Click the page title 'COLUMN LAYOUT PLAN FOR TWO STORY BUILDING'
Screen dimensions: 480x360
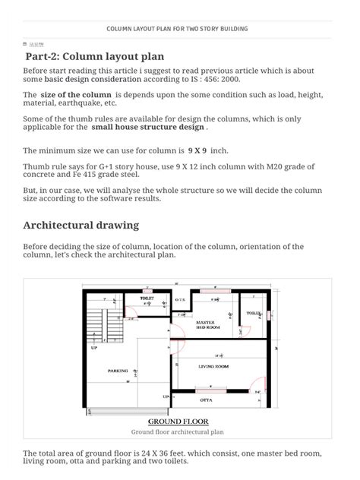click(177, 29)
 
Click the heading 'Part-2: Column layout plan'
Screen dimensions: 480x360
click(94, 56)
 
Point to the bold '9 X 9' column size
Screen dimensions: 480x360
click(197, 150)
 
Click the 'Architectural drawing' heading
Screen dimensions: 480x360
click(81, 226)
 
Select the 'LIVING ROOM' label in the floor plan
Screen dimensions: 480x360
click(213, 366)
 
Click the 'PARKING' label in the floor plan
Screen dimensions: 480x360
click(118, 371)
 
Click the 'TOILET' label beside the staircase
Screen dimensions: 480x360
click(147, 298)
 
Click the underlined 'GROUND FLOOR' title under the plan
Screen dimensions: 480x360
click(178, 422)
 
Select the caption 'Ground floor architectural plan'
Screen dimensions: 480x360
click(177, 431)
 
